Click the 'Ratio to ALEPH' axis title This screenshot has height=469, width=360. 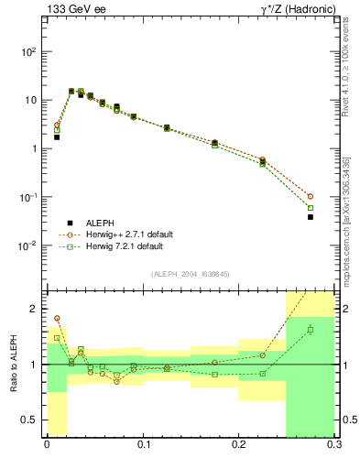[13, 365]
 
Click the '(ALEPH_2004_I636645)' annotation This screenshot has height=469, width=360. [191, 274]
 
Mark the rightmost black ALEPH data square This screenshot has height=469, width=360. [311, 217]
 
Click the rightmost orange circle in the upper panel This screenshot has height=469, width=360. [311, 196]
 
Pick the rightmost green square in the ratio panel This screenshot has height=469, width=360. [311, 330]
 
